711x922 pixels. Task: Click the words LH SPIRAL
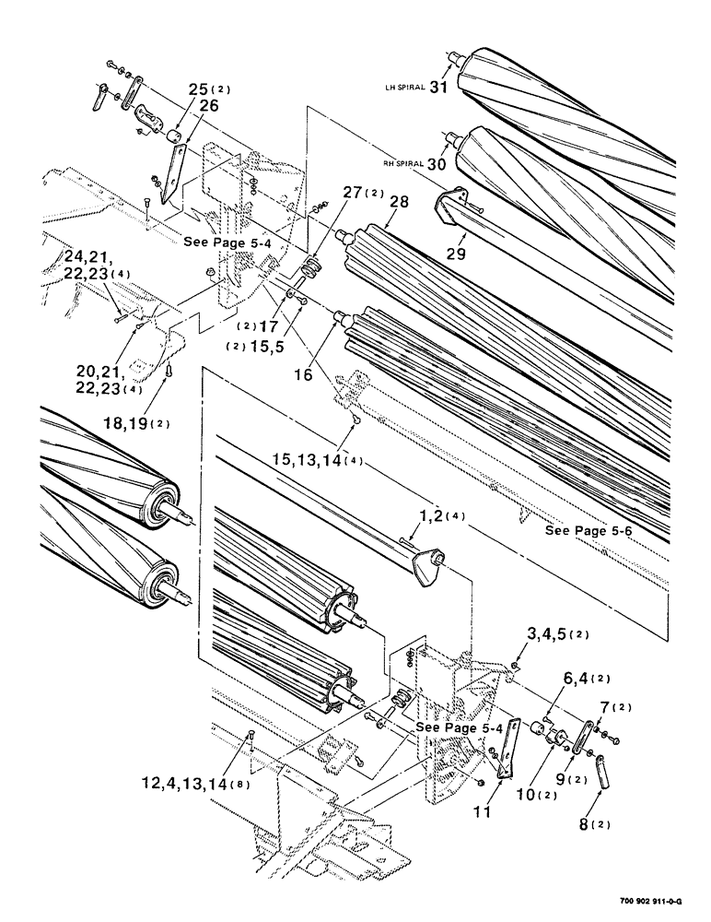tap(404, 89)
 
